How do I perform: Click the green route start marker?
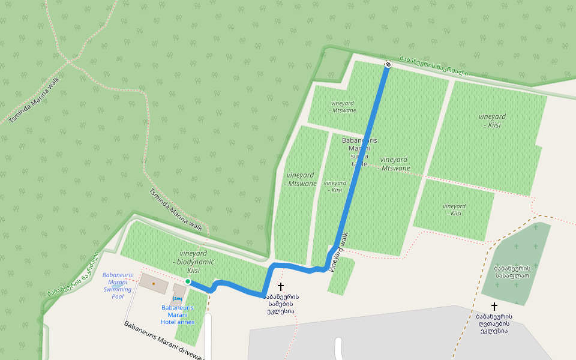(x=188, y=281)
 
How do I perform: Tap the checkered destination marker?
(x=388, y=64)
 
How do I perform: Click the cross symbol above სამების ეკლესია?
(x=280, y=287)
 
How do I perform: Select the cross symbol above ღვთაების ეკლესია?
(x=494, y=306)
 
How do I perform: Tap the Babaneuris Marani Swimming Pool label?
(x=118, y=286)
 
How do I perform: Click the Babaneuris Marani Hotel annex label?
(x=178, y=314)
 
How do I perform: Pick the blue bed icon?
(x=177, y=298)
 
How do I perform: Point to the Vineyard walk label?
(x=339, y=253)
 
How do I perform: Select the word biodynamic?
(x=193, y=262)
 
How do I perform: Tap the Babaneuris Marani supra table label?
(x=359, y=152)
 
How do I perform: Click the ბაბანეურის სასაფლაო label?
(x=512, y=272)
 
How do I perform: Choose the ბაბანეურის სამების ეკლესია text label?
(x=280, y=304)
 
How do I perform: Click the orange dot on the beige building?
(x=154, y=283)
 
